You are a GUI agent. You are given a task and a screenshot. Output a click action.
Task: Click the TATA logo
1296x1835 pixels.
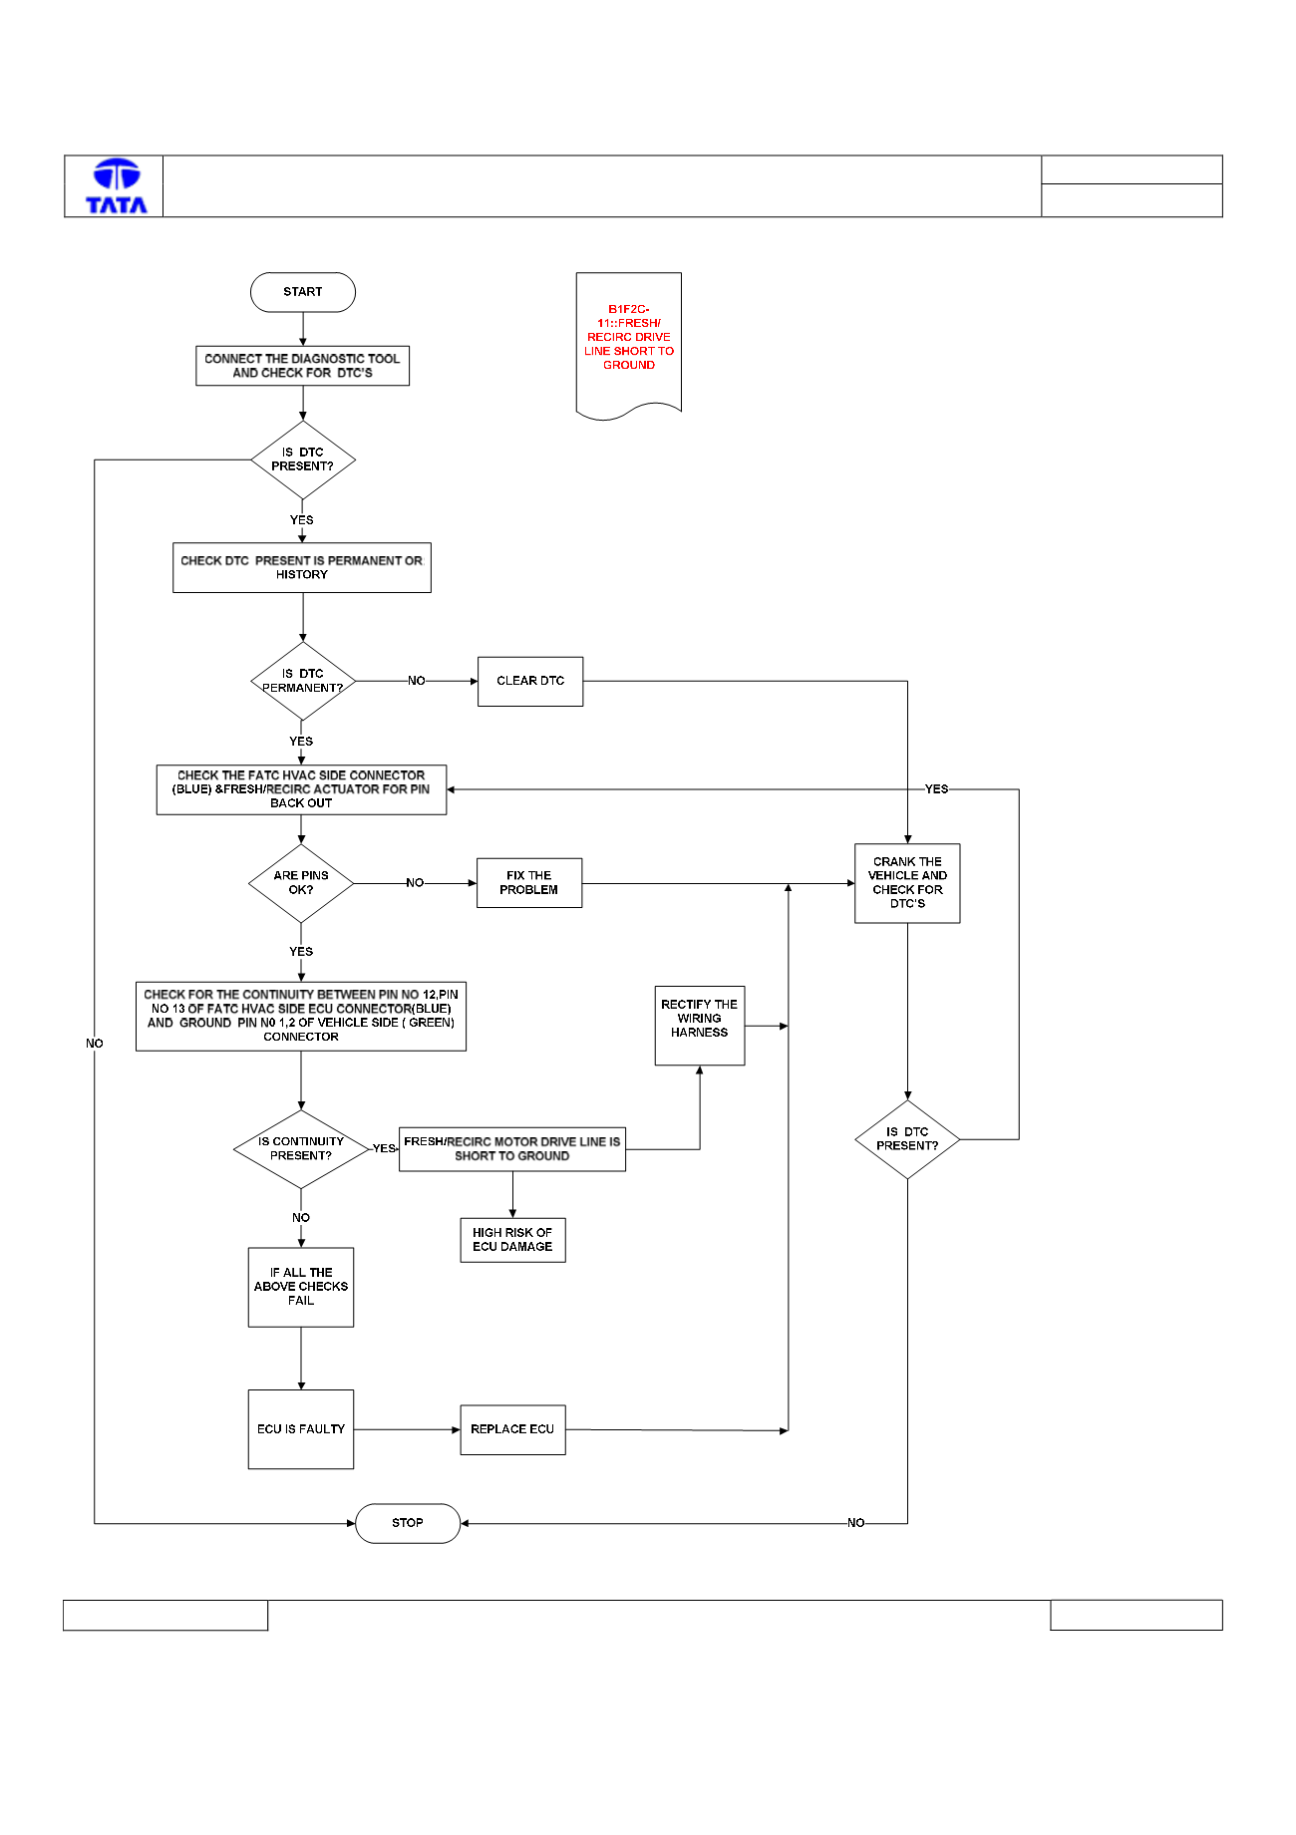(x=117, y=186)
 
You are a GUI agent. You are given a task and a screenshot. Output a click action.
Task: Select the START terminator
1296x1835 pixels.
(x=303, y=292)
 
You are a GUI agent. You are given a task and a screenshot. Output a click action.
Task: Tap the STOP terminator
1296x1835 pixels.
(x=408, y=1523)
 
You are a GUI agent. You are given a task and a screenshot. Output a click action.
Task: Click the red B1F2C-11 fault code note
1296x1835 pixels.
(x=629, y=345)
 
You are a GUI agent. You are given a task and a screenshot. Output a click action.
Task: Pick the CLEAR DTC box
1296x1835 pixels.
(x=530, y=681)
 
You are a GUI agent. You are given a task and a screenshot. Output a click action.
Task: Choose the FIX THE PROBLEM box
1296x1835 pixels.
(x=529, y=883)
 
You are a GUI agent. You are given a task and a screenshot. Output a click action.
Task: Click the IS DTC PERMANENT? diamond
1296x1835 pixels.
(x=303, y=681)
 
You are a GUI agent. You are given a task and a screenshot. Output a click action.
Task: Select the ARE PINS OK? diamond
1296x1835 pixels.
(x=301, y=883)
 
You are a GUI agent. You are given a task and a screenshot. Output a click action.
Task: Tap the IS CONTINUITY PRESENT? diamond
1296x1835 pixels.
(x=301, y=1149)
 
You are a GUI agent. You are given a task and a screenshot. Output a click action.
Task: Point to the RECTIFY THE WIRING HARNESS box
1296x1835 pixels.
(x=700, y=1026)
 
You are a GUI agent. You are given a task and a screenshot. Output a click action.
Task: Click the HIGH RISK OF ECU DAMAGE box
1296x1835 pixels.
(x=512, y=1240)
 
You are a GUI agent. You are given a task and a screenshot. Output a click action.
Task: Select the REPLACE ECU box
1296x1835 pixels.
(x=512, y=1429)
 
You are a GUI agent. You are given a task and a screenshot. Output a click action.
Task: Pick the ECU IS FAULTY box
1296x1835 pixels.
(x=301, y=1429)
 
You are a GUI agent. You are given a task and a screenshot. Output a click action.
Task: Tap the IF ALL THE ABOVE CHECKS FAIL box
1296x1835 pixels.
(x=301, y=1287)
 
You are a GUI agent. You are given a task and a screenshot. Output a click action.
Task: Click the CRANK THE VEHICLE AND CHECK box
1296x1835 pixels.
(x=907, y=883)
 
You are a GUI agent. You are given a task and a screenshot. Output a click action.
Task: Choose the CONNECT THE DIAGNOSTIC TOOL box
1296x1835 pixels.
(x=303, y=366)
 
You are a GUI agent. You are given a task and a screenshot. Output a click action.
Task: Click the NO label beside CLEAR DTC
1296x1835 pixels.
(x=417, y=681)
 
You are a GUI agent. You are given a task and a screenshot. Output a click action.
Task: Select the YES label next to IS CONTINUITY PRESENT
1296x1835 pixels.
(x=385, y=1148)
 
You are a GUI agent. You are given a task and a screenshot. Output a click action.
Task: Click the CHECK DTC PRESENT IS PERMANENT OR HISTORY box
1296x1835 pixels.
(x=302, y=567)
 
